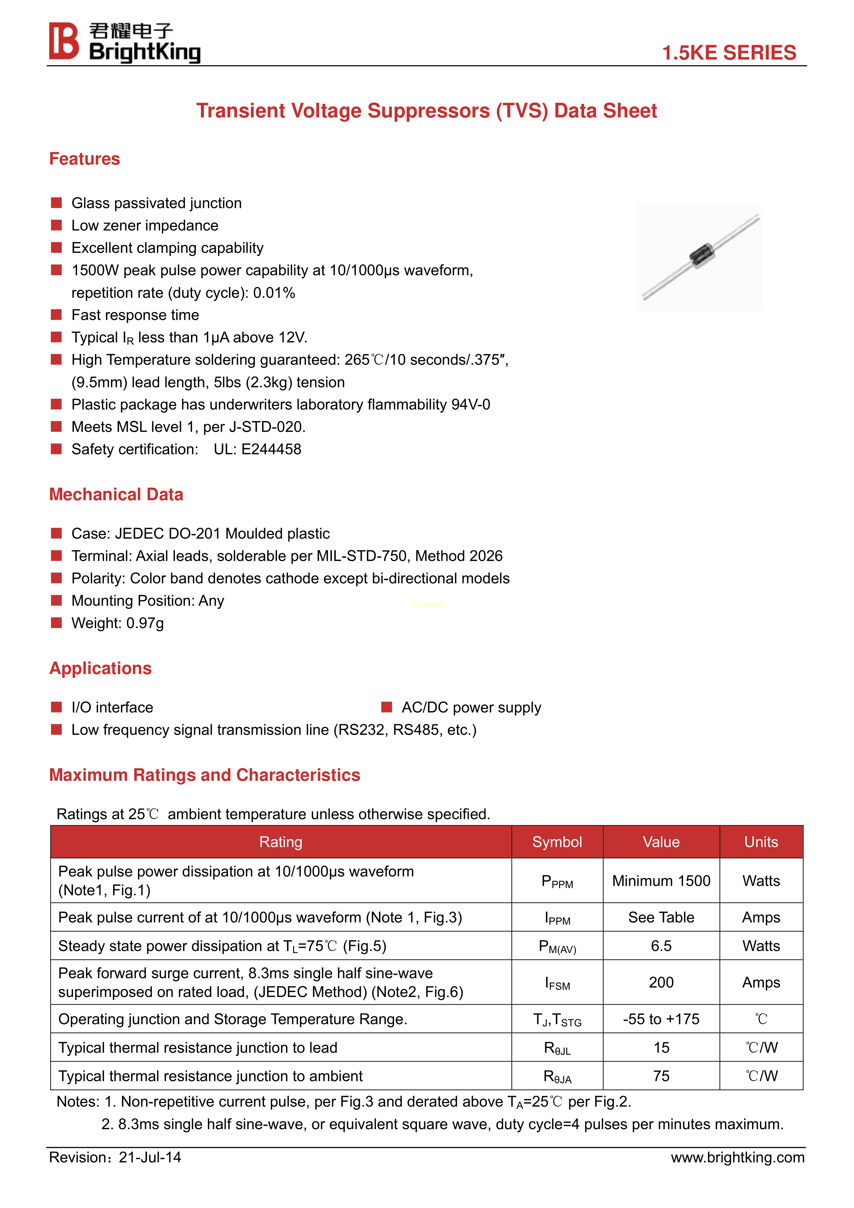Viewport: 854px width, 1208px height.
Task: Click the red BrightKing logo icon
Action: pos(64,41)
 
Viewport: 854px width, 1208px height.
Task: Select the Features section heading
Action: pos(84,159)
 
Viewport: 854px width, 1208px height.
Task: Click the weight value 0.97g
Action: pos(145,623)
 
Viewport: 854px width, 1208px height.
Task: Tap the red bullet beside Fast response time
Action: pos(56,315)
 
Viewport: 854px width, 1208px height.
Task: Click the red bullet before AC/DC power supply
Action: pos(387,707)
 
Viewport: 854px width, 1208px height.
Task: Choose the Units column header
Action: pos(761,842)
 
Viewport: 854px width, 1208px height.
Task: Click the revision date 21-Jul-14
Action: pos(150,1157)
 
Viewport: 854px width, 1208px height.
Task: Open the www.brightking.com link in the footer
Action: pos(737,1157)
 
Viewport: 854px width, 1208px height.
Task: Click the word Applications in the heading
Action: pos(101,668)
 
